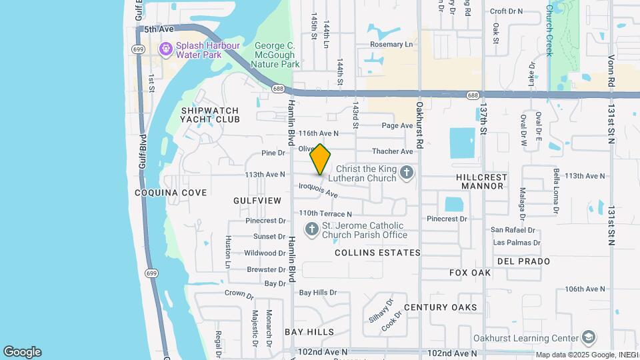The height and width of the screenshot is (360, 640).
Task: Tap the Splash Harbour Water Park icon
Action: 165,49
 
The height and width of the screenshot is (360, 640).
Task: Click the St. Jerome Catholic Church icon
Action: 311,230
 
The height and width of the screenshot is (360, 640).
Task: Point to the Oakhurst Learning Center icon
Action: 588,337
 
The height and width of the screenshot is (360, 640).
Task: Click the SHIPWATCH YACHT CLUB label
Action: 209,115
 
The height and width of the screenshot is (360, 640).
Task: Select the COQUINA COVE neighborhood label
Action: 171,193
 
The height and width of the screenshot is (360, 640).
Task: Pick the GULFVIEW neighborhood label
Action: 254,200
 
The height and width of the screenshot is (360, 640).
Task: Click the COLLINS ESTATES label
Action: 377,253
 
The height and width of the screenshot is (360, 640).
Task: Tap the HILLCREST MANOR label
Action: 481,181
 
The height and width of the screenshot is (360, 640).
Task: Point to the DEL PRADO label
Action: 524,261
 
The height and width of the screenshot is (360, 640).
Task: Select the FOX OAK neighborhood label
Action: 470,273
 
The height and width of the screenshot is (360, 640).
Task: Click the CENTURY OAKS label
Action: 440,307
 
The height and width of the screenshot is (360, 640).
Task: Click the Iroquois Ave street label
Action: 319,191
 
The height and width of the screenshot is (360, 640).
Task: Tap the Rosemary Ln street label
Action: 392,45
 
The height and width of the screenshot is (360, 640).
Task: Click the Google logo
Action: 22,352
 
